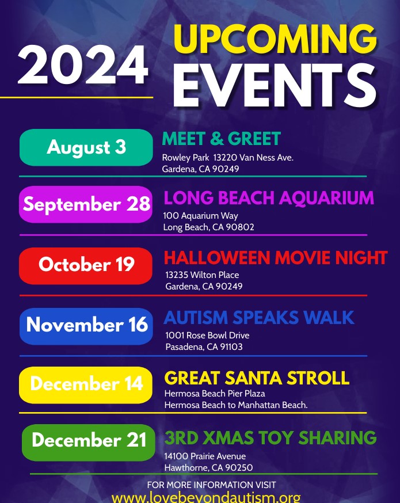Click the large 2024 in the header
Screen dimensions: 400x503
[83, 65]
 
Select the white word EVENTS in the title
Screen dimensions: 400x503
[275, 85]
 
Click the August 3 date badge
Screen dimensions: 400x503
[86, 147]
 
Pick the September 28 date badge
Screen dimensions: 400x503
[86, 204]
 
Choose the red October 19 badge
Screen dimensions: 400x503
[86, 266]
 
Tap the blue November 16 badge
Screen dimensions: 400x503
[86, 326]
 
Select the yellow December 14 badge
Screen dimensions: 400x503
[86, 385]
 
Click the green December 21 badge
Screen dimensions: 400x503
[89, 443]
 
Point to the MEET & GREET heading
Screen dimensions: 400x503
[222, 139]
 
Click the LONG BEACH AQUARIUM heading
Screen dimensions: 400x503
[269, 197]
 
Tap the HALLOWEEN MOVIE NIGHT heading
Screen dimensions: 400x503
[276, 258]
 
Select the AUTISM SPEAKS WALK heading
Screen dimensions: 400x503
[259, 318]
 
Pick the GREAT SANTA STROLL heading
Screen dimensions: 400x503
[257, 378]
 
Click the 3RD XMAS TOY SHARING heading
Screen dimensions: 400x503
[271, 438]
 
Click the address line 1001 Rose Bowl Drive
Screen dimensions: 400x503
[207, 335]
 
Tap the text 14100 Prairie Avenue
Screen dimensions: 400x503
[205, 456]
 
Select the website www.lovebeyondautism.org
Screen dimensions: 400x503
[206, 498]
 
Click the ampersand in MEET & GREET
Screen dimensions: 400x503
[217, 139]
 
